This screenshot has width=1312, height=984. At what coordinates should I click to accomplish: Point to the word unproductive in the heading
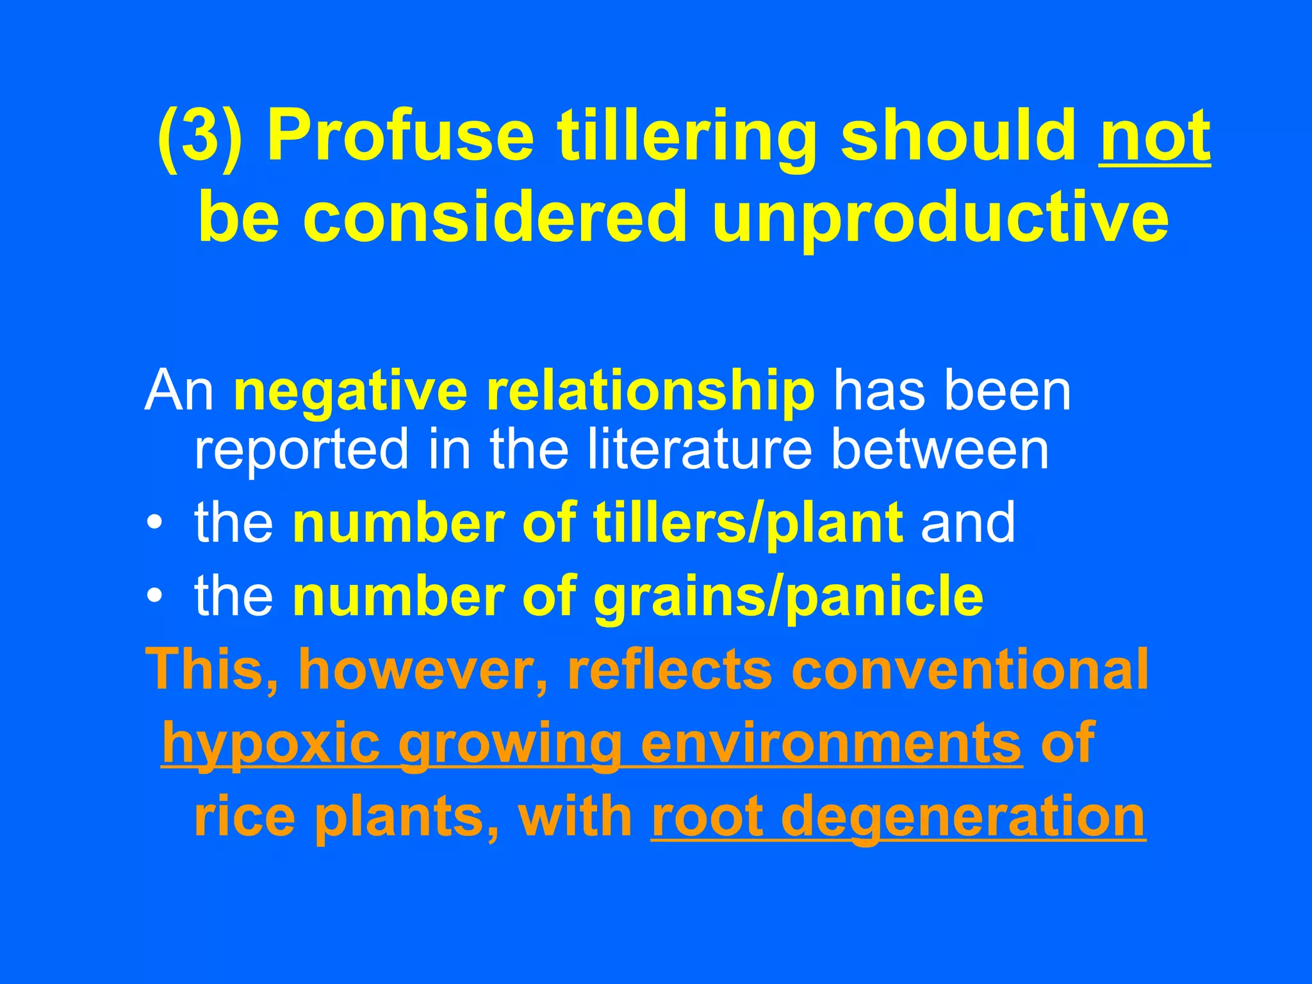point(940,218)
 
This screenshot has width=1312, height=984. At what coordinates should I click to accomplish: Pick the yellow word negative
point(350,391)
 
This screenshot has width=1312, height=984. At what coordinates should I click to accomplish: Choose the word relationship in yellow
point(650,391)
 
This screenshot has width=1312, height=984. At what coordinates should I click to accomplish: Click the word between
point(940,448)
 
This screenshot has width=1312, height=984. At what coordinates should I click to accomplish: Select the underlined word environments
point(831,743)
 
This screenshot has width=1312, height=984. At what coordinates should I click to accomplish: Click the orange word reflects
point(669,669)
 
